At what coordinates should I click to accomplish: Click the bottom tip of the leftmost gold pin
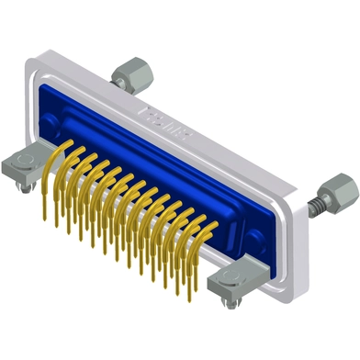click(x=43, y=217)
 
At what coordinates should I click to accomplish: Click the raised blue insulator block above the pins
click(x=138, y=147)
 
